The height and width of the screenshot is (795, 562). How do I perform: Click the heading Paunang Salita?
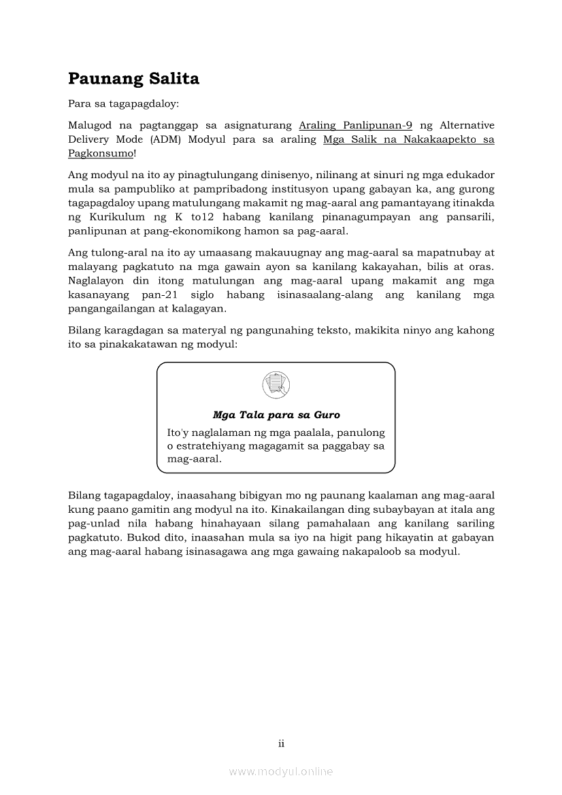pos(133,79)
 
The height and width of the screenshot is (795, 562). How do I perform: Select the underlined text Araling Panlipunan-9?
pos(356,125)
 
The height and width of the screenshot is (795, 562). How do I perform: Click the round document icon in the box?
pos(276,386)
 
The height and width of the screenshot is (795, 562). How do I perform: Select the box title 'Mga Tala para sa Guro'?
pos(276,415)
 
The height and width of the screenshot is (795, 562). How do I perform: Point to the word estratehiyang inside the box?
pos(208,445)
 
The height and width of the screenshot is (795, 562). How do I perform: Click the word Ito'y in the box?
pos(180,433)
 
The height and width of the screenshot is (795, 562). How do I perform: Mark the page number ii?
pos(281,743)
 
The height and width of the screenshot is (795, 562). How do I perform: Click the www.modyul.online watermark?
pos(281,771)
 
